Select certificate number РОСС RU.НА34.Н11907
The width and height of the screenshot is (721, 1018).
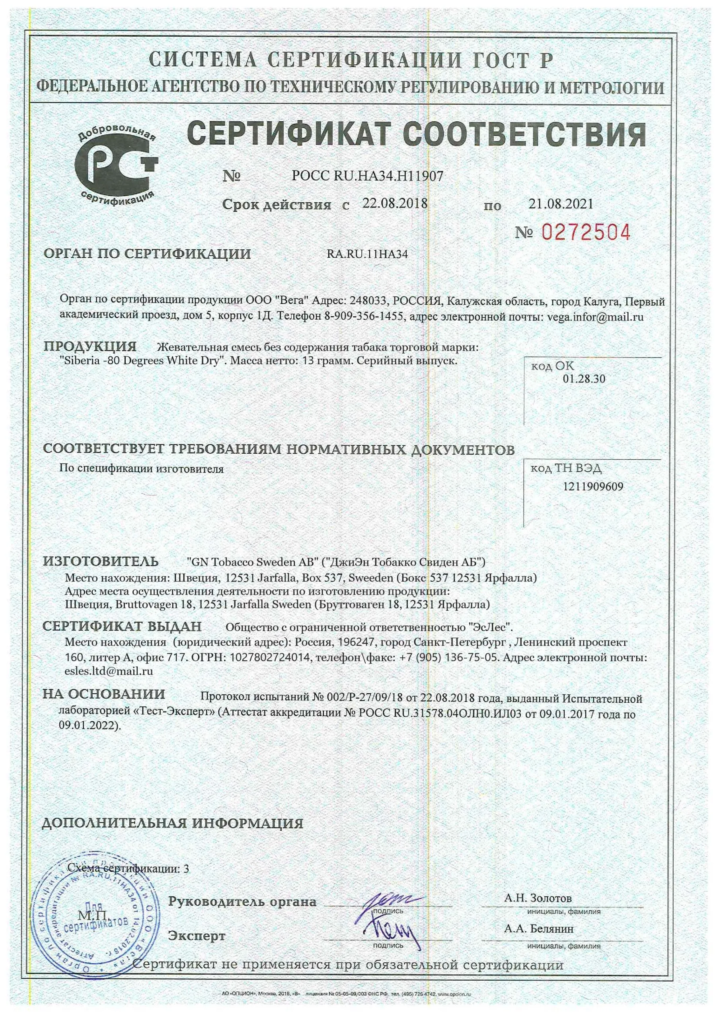coord(367,176)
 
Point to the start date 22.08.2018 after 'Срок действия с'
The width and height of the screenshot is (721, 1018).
coord(395,204)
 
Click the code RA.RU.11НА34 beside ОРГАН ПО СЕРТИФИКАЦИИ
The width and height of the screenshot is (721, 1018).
coord(367,254)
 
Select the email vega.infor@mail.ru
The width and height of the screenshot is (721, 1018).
coord(595,317)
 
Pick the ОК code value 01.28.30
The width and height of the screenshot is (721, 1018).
coord(584,379)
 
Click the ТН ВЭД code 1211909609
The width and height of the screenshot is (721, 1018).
coord(593,487)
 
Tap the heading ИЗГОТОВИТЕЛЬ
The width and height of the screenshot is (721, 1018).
coord(101,561)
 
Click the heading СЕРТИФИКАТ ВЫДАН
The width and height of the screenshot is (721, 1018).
coord(122,626)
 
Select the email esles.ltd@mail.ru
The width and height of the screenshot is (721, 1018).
coord(109,671)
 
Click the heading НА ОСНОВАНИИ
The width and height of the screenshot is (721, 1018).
coord(104,694)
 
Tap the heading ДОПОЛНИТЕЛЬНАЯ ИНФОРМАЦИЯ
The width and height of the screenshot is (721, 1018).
coord(172,823)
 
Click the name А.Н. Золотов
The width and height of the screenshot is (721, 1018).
coord(538,898)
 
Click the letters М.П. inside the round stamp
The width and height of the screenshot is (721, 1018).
coord(92,915)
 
